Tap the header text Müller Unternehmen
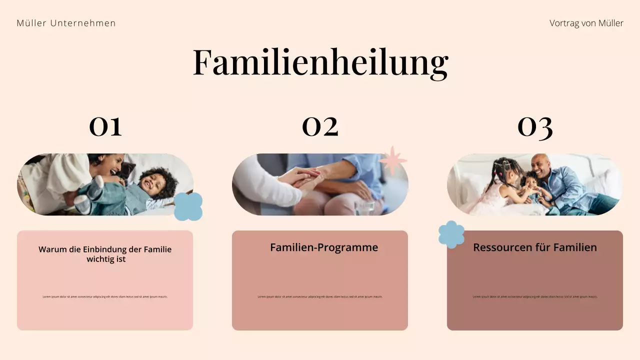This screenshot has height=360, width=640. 66,23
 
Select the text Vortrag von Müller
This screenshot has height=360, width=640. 586,23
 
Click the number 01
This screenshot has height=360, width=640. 105,126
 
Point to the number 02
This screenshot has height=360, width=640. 320,126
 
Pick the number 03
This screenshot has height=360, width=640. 534,126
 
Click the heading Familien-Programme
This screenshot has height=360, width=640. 323,247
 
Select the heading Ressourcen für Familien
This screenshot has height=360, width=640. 534,247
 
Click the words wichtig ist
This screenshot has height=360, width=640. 105,259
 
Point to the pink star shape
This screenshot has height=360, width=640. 393,160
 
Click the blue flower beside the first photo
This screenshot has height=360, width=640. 188,206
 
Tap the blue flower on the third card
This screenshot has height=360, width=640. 451,234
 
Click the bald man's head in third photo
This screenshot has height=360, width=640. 539,164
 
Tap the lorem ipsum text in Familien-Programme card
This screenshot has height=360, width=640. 320,296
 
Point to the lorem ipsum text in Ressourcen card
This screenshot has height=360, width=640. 534,296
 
